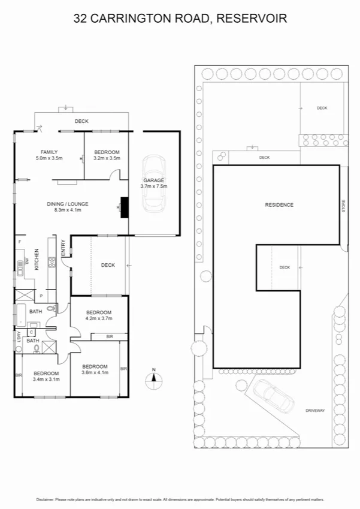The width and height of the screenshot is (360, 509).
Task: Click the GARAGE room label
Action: [153, 180]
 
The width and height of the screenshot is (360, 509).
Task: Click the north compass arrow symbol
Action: [153, 377]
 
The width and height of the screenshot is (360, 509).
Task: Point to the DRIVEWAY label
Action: [314, 411]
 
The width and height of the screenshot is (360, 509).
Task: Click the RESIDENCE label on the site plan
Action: [279, 205]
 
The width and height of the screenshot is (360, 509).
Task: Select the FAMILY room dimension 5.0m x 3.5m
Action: [49, 158]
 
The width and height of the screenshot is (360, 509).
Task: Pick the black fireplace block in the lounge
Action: [125, 207]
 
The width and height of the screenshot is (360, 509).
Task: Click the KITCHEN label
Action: [37, 259]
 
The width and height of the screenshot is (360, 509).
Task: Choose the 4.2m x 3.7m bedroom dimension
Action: [99, 319]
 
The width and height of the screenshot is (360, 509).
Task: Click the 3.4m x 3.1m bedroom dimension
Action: [46, 379]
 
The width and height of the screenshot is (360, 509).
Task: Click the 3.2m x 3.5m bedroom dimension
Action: [107, 158]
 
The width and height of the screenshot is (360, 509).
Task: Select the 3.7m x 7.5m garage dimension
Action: [153, 186]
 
